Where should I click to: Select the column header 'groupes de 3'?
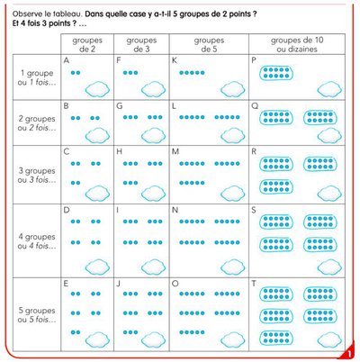[x=141, y=44]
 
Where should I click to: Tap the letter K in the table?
[x=175, y=60]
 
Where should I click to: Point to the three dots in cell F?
[x=130, y=70]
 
